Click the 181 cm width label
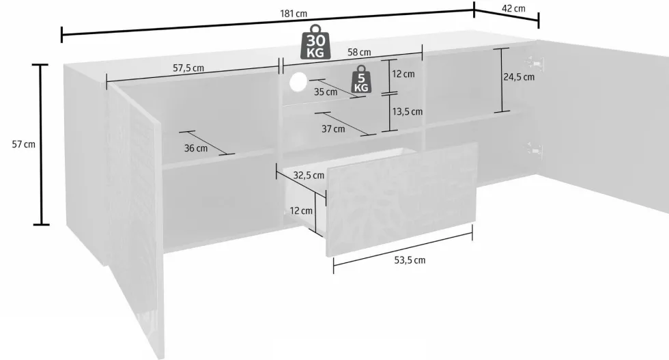click(x=294, y=14)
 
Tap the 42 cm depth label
click(x=513, y=9)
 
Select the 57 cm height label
click(x=23, y=144)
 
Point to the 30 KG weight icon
click(x=315, y=42)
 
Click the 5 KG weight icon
click(x=361, y=79)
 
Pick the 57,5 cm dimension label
click(x=188, y=68)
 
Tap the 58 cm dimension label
click(x=359, y=53)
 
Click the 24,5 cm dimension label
click(x=519, y=77)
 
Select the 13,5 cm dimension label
click(x=408, y=111)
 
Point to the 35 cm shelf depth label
click(x=326, y=92)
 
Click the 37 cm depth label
click(x=333, y=128)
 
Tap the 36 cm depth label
click(x=196, y=148)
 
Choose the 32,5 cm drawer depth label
click(x=309, y=175)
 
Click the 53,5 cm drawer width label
click(x=410, y=260)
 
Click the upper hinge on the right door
click(x=535, y=64)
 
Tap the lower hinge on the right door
click(x=534, y=150)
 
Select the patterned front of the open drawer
click(x=401, y=199)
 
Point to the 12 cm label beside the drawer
click(x=301, y=210)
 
